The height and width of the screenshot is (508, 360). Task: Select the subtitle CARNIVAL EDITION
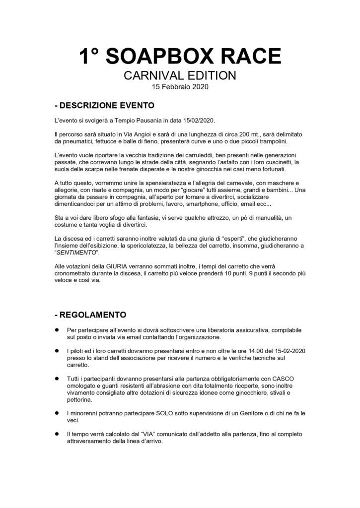point(180,77)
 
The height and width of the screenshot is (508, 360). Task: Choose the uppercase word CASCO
point(284,379)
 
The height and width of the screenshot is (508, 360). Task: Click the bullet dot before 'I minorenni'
point(57,413)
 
